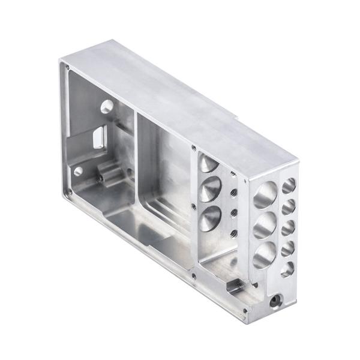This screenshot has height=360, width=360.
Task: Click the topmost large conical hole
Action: coord(205,163)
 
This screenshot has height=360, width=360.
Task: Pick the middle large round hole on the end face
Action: coord(265,226)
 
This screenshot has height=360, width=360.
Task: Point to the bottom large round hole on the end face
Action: coord(264,256)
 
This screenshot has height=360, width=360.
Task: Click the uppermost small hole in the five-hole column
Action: coord(289,184)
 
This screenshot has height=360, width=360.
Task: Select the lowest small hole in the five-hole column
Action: coord(287,269)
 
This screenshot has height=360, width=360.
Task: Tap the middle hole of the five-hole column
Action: coord(289,227)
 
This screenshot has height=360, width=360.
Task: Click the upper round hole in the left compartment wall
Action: coord(107,107)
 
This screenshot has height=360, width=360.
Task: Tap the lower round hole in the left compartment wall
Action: coord(79,171)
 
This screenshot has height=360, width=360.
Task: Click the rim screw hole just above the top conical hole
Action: coord(193,147)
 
